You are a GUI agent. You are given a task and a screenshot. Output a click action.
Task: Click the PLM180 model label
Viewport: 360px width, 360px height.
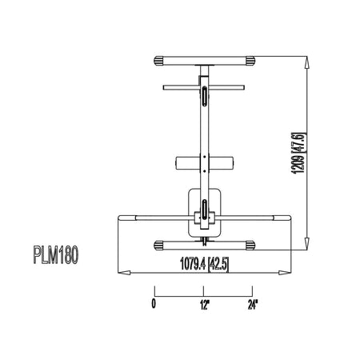click(x=56, y=255)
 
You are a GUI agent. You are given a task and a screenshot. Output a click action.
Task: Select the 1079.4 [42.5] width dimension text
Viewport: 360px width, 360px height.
click(x=204, y=264)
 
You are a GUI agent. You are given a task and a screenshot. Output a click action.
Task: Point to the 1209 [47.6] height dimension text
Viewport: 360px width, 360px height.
click(x=298, y=153)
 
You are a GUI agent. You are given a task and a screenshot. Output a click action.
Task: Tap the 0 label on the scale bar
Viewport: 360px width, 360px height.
click(x=154, y=304)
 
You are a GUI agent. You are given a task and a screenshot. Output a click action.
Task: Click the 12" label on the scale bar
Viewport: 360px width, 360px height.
click(x=204, y=304)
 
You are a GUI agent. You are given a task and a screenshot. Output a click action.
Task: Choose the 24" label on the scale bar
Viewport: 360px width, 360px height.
click(x=253, y=304)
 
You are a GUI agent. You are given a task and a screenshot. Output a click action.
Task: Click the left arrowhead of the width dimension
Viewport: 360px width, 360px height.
click(x=124, y=273)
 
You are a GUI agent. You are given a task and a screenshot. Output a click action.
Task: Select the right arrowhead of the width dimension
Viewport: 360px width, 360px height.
click(x=285, y=273)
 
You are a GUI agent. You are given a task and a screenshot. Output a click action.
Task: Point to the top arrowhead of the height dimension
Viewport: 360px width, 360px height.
click(x=307, y=62)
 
